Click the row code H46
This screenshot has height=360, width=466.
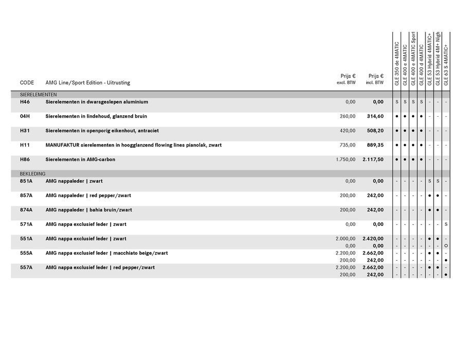click(25, 102)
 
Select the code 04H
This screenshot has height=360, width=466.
click(25, 116)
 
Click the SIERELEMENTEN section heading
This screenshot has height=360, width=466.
click(38, 95)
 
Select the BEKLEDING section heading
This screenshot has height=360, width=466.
click(33, 174)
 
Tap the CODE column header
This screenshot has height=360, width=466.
click(27, 82)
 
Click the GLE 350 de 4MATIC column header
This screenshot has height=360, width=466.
click(397, 63)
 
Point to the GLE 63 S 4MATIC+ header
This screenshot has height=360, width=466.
click(445, 64)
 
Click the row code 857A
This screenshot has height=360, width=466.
click(26, 195)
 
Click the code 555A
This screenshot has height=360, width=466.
click(26, 253)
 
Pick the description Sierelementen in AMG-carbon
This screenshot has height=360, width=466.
click(80, 159)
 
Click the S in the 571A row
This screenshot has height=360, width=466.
click(446, 224)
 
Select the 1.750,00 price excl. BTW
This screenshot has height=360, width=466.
click(346, 159)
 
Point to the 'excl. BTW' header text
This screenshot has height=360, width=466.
click(346, 82)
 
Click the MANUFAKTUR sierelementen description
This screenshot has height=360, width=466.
click(133, 145)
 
